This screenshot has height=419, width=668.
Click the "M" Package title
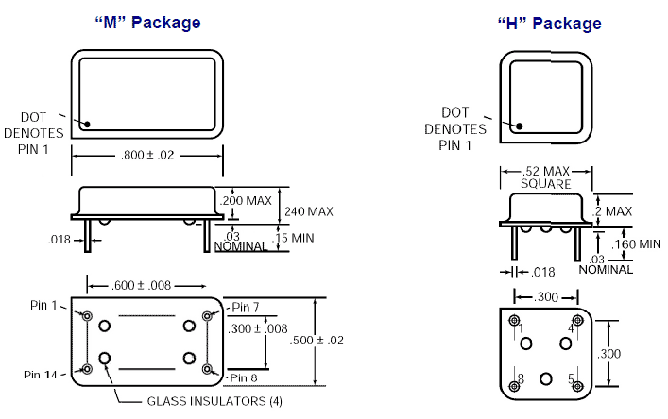[x=147, y=23]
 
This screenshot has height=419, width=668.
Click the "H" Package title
[x=549, y=24]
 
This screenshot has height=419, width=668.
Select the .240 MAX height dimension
[x=308, y=211]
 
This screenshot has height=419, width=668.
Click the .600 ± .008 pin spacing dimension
[x=146, y=285]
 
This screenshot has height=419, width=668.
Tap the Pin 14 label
[x=43, y=375]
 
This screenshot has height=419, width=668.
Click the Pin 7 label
[x=246, y=307]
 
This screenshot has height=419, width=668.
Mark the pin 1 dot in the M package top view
[x=86, y=124]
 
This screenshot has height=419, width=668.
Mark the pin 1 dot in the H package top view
[x=518, y=124]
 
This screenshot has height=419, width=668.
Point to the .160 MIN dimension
[x=637, y=244]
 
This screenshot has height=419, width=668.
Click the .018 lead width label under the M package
[x=60, y=240]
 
